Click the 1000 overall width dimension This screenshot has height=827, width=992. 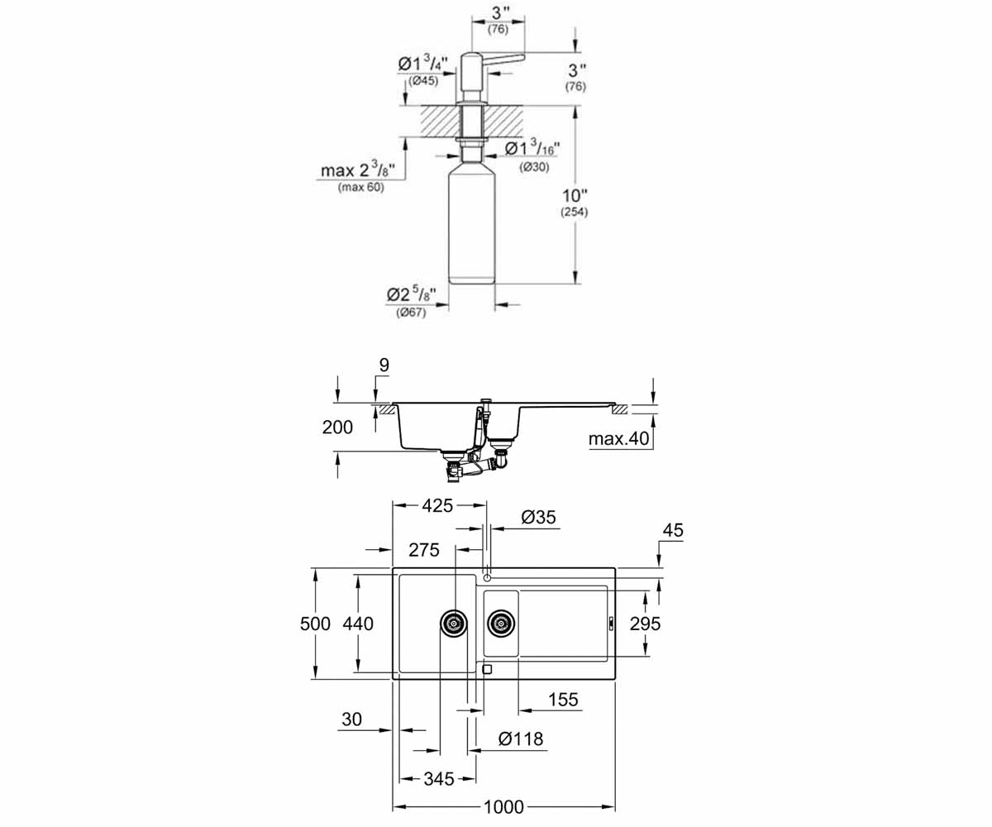tap(503, 806)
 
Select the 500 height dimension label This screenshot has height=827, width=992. tap(315, 624)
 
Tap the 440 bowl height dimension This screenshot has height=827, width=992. tap(358, 624)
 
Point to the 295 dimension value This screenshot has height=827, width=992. tap(645, 624)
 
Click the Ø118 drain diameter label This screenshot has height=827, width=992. tap(521, 739)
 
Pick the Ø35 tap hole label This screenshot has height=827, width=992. tap(538, 517)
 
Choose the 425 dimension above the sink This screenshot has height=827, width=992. tap(437, 505)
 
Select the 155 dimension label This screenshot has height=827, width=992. tap(563, 700)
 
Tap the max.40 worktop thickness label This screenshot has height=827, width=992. tap(618, 438)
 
